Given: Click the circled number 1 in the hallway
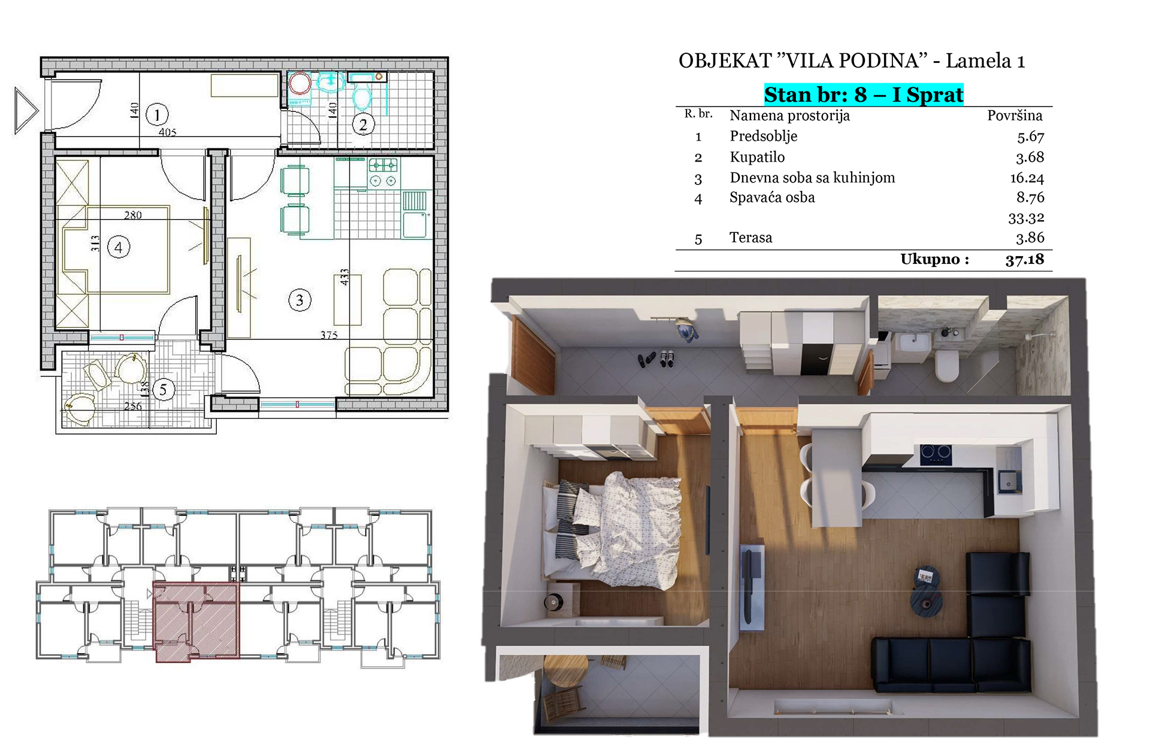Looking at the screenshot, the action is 157,114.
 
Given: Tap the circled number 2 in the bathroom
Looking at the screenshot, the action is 362,124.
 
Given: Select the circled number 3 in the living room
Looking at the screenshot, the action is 299,300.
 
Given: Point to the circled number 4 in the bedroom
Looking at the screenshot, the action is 119,247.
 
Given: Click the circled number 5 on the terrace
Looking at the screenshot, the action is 163,390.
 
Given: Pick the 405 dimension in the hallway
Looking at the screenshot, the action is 168,132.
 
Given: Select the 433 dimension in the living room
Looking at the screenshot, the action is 344,277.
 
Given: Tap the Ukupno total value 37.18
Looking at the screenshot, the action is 1025,259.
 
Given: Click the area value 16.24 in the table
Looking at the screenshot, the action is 1027,178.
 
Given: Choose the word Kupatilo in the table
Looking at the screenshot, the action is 757,157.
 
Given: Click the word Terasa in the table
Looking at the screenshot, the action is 751,238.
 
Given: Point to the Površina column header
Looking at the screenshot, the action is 1015,116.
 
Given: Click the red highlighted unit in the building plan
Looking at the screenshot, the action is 196,621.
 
